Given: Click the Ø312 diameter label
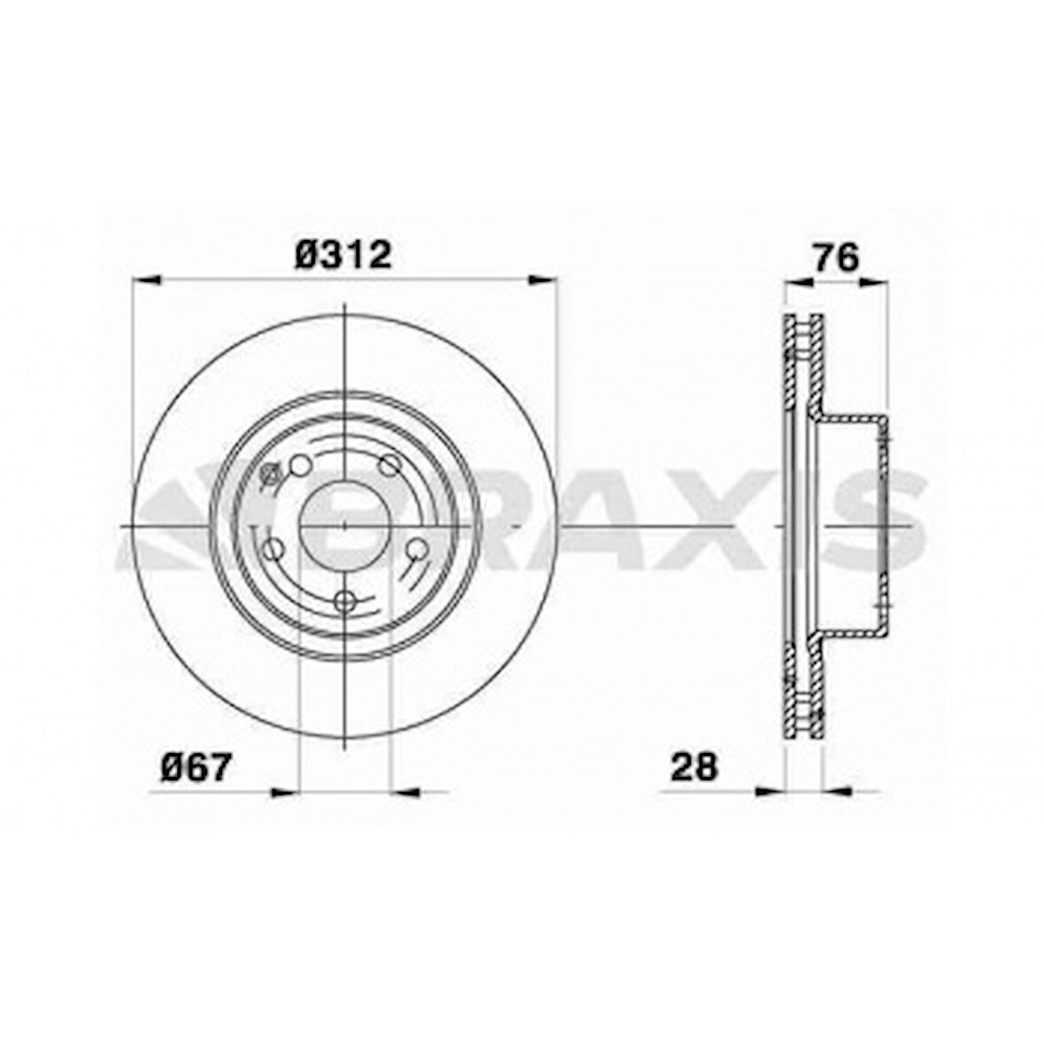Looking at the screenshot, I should tap(343, 257).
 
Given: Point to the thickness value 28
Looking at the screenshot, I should tap(694, 766).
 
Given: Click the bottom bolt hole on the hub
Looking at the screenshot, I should tap(347, 601).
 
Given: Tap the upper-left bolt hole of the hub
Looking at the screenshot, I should tap(301, 465).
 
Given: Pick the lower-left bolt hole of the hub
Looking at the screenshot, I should tap(274, 549).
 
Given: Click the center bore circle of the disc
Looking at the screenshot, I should tap(343, 526).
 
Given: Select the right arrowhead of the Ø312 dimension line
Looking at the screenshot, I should tap(544, 280).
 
